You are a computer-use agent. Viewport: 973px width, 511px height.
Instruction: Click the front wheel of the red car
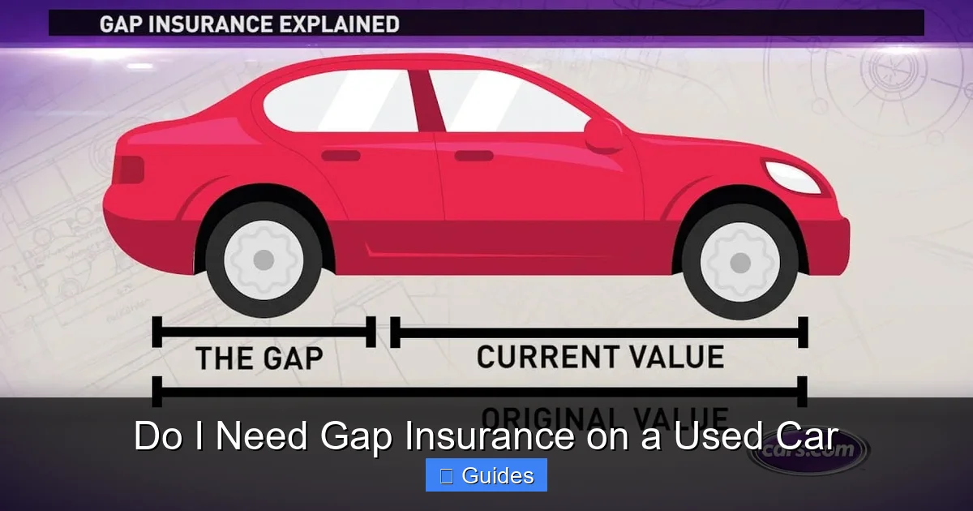[739, 261]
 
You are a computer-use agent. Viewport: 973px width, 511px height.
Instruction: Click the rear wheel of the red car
[264, 260]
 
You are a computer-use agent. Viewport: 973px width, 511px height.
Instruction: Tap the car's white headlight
[793, 177]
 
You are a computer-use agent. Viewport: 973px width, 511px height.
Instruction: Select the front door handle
[474, 155]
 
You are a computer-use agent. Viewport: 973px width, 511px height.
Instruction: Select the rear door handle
[341, 155]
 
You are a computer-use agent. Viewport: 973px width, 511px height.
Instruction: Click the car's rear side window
[341, 101]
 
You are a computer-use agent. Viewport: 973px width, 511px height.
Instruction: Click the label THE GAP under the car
[259, 358]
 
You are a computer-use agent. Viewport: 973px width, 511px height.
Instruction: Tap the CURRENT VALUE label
[600, 357]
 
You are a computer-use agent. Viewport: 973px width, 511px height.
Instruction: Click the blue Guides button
[486, 475]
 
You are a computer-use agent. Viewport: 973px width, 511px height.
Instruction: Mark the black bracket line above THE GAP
[264, 331]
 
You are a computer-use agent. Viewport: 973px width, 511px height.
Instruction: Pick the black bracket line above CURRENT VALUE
[600, 332]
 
